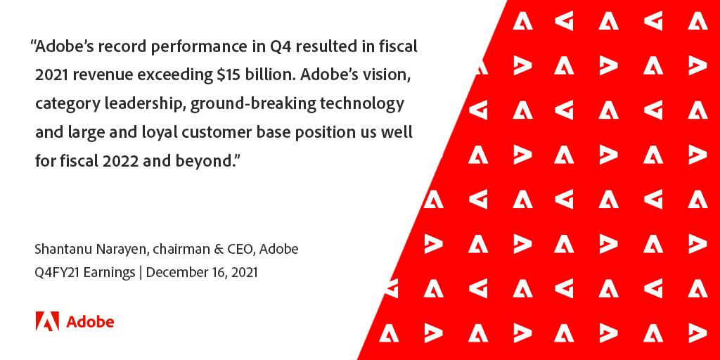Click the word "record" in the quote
coord(114,48)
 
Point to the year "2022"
coord(122,160)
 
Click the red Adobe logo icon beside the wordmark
coord(47,321)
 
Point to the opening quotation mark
coord(32,44)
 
